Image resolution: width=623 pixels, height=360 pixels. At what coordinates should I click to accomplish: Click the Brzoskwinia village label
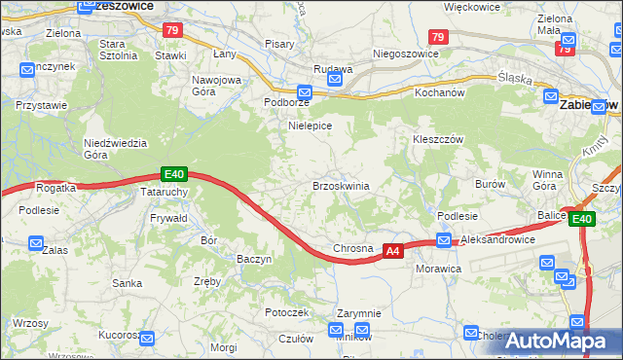click(340, 185)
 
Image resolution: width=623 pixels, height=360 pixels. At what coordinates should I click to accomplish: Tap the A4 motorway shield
click(392, 251)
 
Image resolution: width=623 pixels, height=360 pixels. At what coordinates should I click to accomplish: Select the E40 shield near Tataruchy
click(173, 174)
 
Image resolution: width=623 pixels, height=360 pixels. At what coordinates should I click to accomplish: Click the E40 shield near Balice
click(582, 220)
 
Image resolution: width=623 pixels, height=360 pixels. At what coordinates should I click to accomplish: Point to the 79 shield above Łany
click(172, 32)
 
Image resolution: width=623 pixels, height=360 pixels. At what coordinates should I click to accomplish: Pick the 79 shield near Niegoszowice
click(438, 37)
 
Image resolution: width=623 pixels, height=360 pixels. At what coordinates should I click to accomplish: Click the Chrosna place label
click(353, 249)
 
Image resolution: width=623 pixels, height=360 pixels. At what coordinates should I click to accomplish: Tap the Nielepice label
click(311, 126)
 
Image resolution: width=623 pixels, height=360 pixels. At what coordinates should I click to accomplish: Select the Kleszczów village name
click(436, 139)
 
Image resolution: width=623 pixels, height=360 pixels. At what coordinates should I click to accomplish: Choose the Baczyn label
click(254, 259)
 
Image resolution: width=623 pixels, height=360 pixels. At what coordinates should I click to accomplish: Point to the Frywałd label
click(169, 219)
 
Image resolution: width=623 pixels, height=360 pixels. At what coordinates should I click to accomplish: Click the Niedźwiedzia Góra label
click(115, 148)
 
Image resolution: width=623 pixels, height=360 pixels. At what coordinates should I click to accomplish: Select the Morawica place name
click(437, 267)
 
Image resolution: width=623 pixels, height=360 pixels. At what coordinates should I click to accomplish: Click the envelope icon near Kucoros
click(147, 338)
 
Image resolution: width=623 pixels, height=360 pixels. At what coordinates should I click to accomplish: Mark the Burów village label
click(489, 183)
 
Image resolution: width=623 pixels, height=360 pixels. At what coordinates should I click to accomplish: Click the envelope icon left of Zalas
click(36, 243)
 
